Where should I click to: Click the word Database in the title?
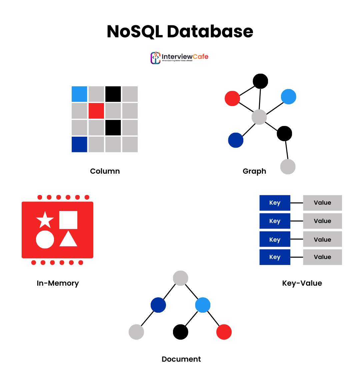point(210,32)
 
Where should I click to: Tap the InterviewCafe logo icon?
point(155,58)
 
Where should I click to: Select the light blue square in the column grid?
point(79,94)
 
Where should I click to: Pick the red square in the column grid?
point(96,111)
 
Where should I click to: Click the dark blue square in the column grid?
point(79,144)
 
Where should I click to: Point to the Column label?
point(105,171)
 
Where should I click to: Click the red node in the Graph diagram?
point(232,98)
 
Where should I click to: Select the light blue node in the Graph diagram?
point(289,97)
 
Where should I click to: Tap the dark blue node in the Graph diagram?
point(236,140)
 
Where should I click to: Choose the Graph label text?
point(254,171)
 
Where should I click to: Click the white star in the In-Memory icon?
point(45,220)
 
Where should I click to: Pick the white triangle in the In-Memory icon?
point(68,239)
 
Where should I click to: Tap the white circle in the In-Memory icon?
point(45,239)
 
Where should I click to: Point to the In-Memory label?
point(58,283)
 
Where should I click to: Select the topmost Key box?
point(275,203)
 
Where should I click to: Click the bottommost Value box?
point(322,257)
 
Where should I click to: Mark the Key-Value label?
point(302,283)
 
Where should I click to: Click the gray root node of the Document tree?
point(181,278)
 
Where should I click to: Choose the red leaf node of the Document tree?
point(224,332)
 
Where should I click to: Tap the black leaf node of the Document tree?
point(181,332)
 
